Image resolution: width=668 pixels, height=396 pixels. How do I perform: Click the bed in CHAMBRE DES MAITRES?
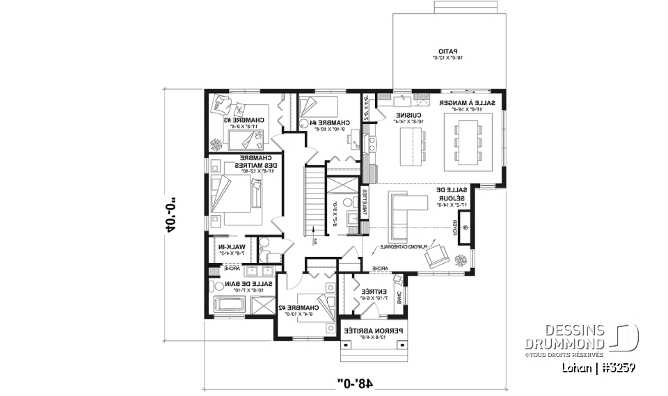[x=234, y=195]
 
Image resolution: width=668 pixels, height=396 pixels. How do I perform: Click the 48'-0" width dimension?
[x=356, y=381]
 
